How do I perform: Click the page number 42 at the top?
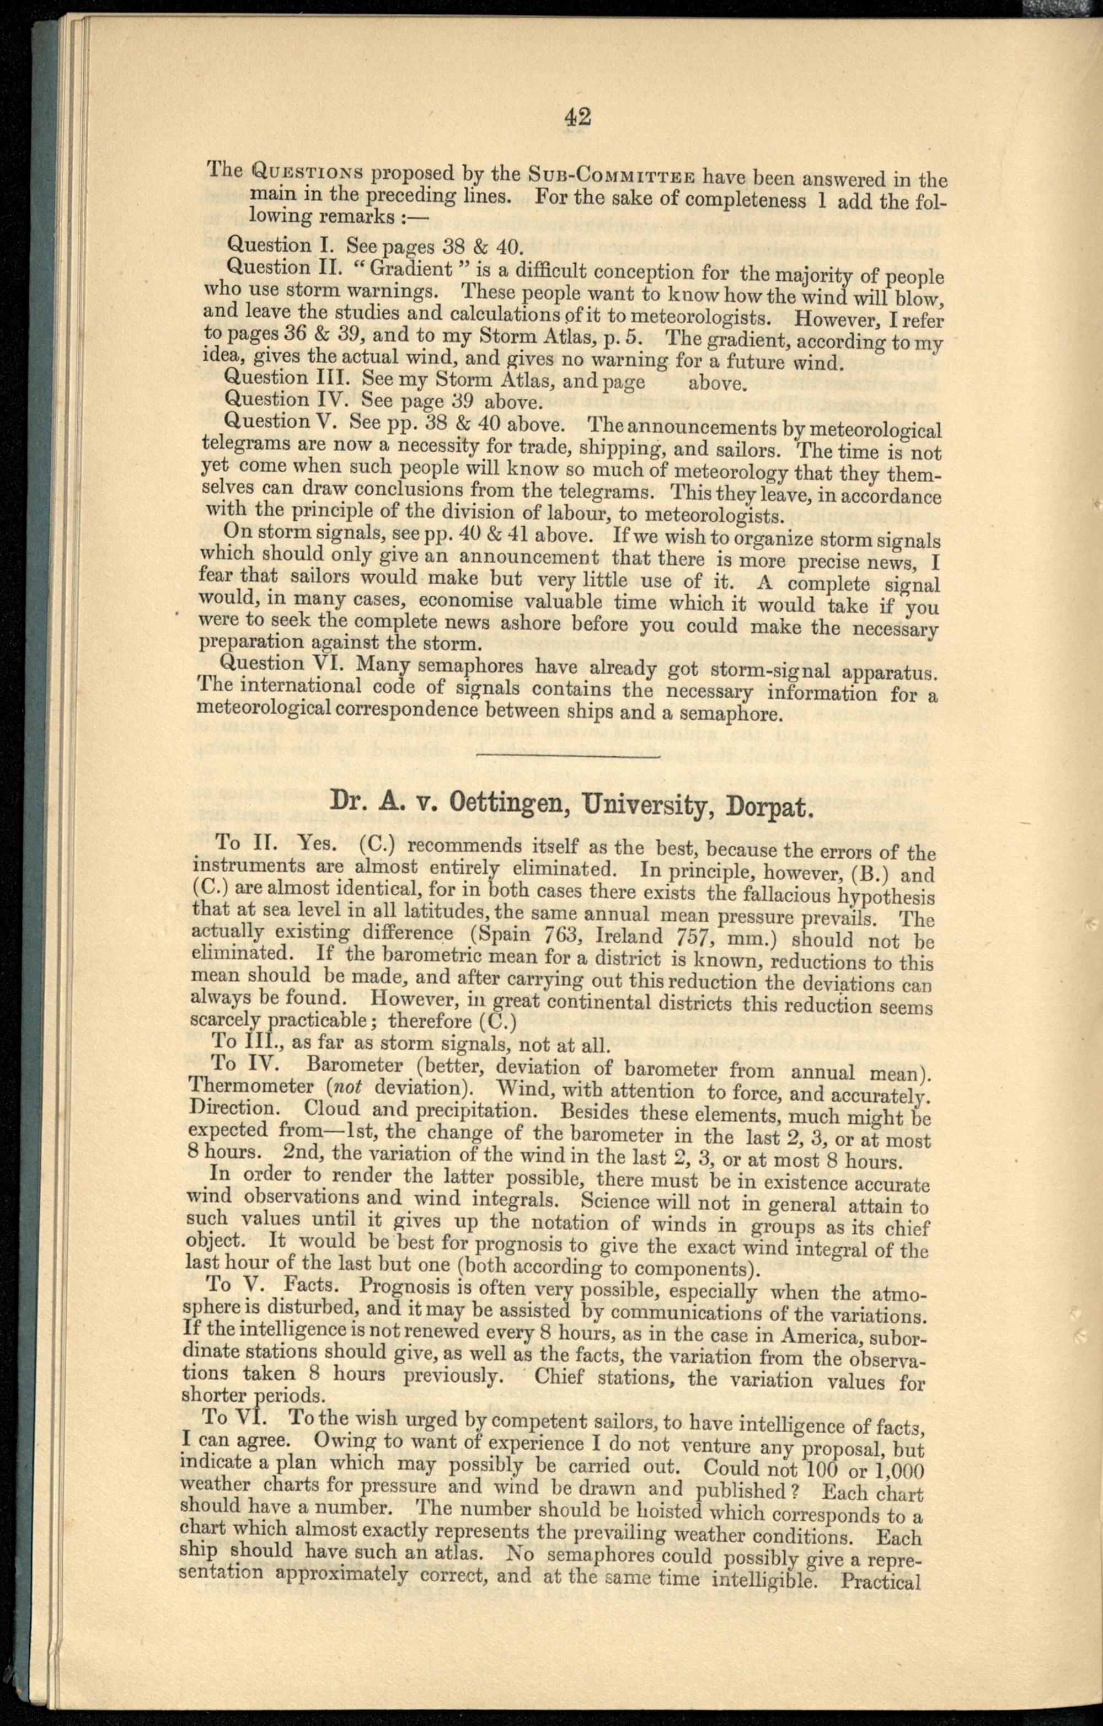coord(577,117)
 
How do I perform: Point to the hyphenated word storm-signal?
coord(770,672)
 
